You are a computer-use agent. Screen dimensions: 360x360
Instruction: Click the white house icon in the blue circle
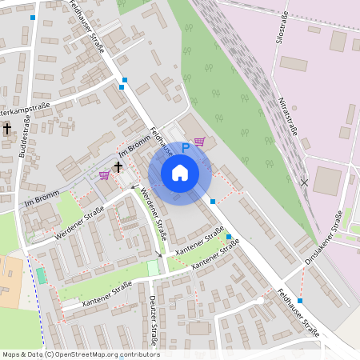[180, 172]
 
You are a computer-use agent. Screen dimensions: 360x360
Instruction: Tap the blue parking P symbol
[186, 147]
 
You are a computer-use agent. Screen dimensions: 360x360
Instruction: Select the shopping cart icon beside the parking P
[199, 142]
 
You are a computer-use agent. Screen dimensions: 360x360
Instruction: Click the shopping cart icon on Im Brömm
[104, 174]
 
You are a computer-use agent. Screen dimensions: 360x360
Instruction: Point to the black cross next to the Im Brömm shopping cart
[118, 166]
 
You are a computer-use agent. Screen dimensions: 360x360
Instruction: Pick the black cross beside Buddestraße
[7, 128]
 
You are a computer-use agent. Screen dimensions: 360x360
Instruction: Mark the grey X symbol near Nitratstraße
[304, 182]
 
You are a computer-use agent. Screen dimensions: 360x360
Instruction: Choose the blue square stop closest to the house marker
[213, 202]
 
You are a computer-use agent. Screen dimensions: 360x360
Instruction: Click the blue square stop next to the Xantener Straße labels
[229, 238]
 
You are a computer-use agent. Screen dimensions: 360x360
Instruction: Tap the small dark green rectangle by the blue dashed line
[41, 275]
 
